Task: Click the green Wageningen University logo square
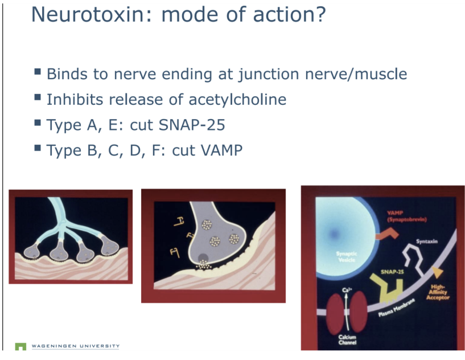pyautogui.click(x=20, y=346)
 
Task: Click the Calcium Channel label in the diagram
pyautogui.click(x=347, y=340)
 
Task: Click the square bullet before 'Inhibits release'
pyautogui.click(x=38, y=98)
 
